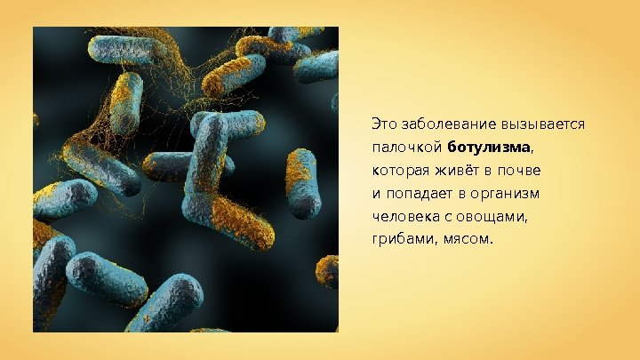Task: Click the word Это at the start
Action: tap(384, 123)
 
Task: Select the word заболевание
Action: tap(444, 123)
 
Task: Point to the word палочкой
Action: tap(407, 146)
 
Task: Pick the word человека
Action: tap(404, 216)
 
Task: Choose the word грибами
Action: tap(402, 239)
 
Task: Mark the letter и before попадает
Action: tap(376, 193)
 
